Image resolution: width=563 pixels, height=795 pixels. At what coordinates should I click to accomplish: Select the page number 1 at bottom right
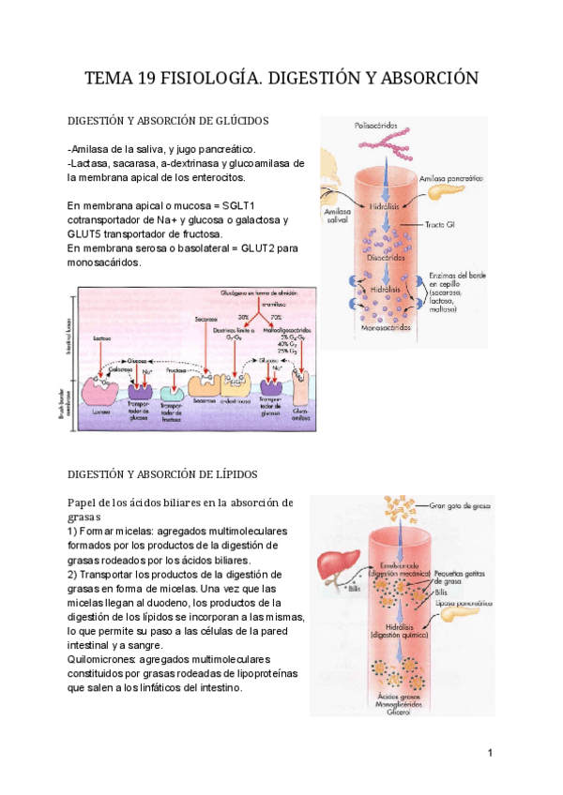[490, 753]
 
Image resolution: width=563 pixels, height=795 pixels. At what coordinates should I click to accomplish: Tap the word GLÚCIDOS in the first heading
[237, 121]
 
